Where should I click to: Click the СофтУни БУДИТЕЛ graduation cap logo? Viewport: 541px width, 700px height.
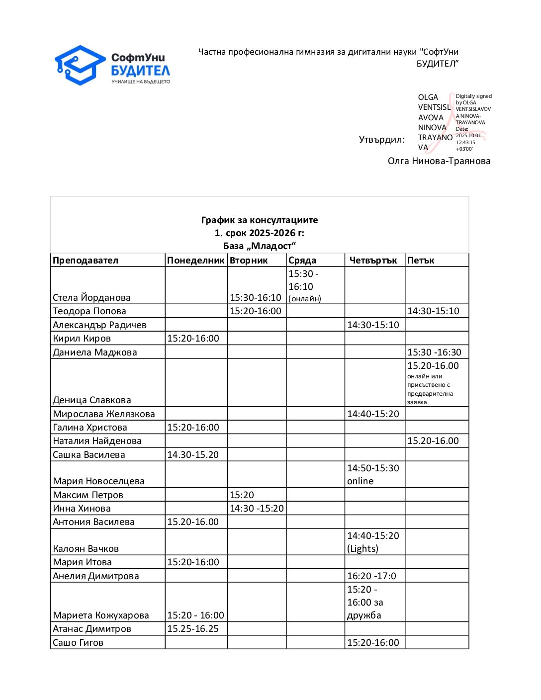click(80, 65)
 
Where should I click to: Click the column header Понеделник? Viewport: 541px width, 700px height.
click(195, 260)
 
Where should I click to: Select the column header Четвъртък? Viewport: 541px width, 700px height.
click(373, 260)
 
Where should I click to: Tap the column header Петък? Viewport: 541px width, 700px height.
click(421, 260)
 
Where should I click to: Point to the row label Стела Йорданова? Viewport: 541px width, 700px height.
click(91, 297)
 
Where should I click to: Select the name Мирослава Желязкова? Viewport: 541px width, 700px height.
click(104, 414)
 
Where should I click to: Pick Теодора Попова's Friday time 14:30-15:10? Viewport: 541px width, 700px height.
click(433, 311)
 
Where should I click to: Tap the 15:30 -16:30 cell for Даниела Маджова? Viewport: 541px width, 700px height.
click(434, 352)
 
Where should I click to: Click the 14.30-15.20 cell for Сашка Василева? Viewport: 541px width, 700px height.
click(193, 454)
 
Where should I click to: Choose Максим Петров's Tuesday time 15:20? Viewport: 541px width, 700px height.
click(242, 495)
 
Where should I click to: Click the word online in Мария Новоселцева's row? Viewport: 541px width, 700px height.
click(360, 481)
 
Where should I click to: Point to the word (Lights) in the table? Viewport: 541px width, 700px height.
click(362, 548)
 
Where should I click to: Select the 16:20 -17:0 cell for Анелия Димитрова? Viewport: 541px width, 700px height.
click(371, 576)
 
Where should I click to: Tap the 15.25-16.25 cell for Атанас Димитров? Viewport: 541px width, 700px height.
click(193, 628)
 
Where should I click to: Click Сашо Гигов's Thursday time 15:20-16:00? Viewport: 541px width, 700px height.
click(373, 642)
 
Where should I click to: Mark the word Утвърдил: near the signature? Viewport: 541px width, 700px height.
click(382, 139)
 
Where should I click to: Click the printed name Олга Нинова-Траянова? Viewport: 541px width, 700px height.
click(439, 161)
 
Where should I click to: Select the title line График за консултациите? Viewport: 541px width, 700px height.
click(260, 220)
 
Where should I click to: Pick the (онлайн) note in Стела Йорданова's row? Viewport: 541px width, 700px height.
click(305, 298)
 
